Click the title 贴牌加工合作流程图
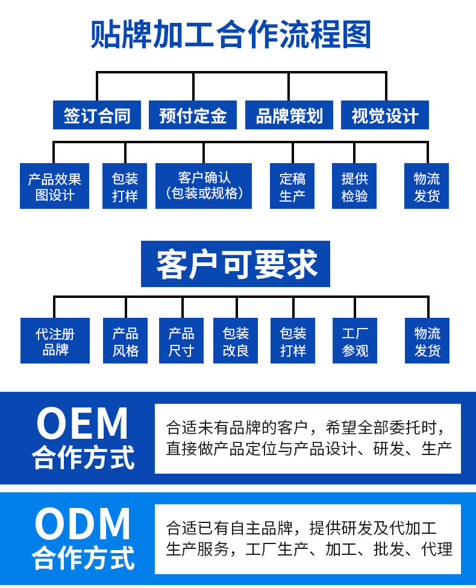coord(231,34)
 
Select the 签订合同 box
coord(97,115)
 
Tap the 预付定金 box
coord(193,115)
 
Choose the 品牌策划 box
coord(289,115)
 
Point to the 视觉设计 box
coord(385,115)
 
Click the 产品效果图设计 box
coord(54,187)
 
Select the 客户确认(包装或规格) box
coord(204,187)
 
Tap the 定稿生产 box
coord(292,187)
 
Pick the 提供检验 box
coord(354,187)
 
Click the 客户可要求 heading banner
coord(236,264)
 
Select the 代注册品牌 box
coord(55,341)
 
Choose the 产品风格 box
coord(125,341)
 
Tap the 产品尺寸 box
coord(181,341)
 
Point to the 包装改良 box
coord(236,341)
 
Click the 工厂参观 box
coord(355,341)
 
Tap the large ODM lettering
coord(83,524)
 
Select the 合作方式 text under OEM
coord(83,457)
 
